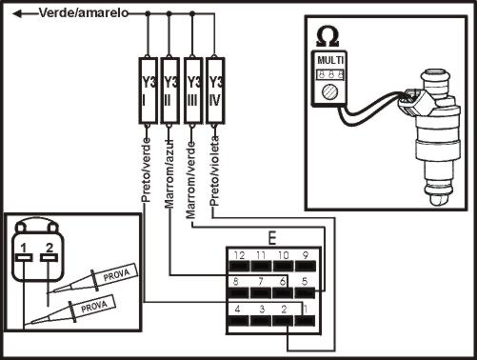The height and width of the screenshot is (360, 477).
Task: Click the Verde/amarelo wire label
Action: (x=84, y=13)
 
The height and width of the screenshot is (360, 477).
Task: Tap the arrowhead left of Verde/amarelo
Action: (x=17, y=13)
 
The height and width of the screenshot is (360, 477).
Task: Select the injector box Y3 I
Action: (x=149, y=90)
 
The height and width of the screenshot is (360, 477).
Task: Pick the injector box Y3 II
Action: (x=170, y=90)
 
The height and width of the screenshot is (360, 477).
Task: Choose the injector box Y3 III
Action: (x=193, y=90)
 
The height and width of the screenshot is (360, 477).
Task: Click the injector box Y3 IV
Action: (x=215, y=90)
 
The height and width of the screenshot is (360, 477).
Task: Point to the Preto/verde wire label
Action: (x=146, y=170)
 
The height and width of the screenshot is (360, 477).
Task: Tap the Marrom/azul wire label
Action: (x=169, y=173)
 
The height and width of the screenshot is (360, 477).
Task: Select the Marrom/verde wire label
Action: (x=191, y=180)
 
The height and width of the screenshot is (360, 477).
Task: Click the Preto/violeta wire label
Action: (x=215, y=171)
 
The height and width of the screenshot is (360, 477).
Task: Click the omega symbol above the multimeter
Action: (x=328, y=38)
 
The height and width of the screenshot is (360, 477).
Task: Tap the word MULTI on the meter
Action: (x=330, y=60)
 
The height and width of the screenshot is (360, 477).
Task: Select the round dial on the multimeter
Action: (x=328, y=92)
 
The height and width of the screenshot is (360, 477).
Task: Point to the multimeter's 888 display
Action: (x=330, y=74)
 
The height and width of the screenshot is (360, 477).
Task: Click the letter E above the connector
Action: (x=272, y=239)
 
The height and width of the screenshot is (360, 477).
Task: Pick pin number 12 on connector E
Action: (x=239, y=255)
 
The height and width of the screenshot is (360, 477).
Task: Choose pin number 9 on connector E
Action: (x=306, y=255)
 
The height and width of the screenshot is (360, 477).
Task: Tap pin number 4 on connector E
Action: (x=237, y=309)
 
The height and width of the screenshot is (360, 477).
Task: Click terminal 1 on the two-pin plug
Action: (x=24, y=248)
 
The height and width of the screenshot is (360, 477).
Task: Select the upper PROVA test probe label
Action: (x=116, y=274)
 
